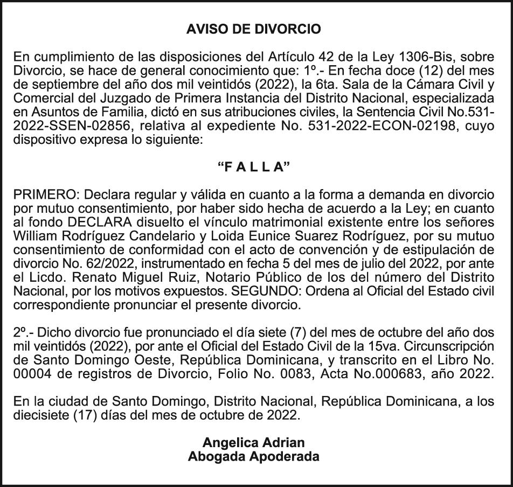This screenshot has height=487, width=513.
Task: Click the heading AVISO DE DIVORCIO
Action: point(253,29)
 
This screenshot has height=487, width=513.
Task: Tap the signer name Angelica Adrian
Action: point(253,443)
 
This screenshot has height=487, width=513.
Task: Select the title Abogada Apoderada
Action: point(253,457)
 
